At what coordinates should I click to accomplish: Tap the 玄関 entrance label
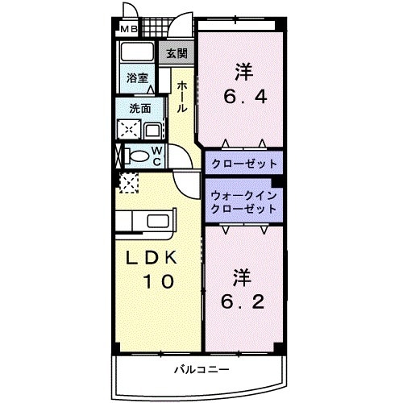pos(177,54)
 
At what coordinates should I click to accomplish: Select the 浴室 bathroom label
pos(138,78)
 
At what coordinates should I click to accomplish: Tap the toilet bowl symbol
pos(136,156)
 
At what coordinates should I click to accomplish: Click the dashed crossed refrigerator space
pos(127,181)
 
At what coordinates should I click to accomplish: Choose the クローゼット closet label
pos(243,164)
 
